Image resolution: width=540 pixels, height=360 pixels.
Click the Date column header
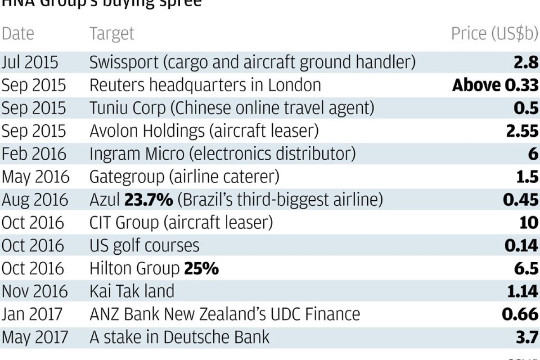point(18,34)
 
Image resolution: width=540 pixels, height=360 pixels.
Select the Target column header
point(112,34)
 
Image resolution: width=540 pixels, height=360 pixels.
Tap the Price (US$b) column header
point(495,34)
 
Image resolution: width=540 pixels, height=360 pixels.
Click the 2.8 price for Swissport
point(526,62)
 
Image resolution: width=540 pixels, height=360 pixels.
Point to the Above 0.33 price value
point(495,85)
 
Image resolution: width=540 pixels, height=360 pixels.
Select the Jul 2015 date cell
point(30,62)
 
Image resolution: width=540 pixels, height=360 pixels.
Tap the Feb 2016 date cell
point(33,154)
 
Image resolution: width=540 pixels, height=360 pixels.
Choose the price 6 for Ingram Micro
point(533,154)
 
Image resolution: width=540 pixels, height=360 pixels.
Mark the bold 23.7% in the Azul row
point(149,199)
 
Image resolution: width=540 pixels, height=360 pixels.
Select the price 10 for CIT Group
point(528,222)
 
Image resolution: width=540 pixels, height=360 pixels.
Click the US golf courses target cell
point(144,246)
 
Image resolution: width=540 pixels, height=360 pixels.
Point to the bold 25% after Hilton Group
point(201,269)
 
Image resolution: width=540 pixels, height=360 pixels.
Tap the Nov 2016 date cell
point(35,292)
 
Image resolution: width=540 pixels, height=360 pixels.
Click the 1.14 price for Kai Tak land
point(522,292)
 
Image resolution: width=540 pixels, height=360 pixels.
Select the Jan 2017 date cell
point(31,314)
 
